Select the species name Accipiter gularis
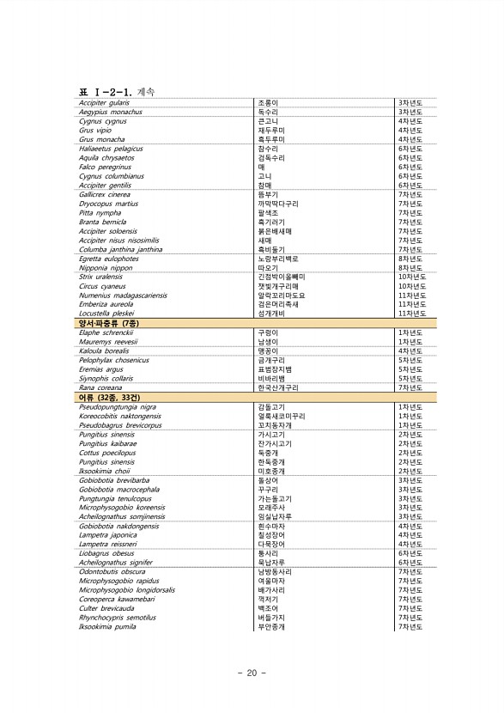(104, 102)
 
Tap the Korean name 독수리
(267, 112)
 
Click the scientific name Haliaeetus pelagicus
(111, 149)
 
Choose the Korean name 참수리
(267, 149)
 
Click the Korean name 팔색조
(267, 213)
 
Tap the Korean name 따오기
(267, 268)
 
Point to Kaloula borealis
(103, 350)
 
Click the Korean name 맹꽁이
(267, 350)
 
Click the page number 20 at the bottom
(252, 673)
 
